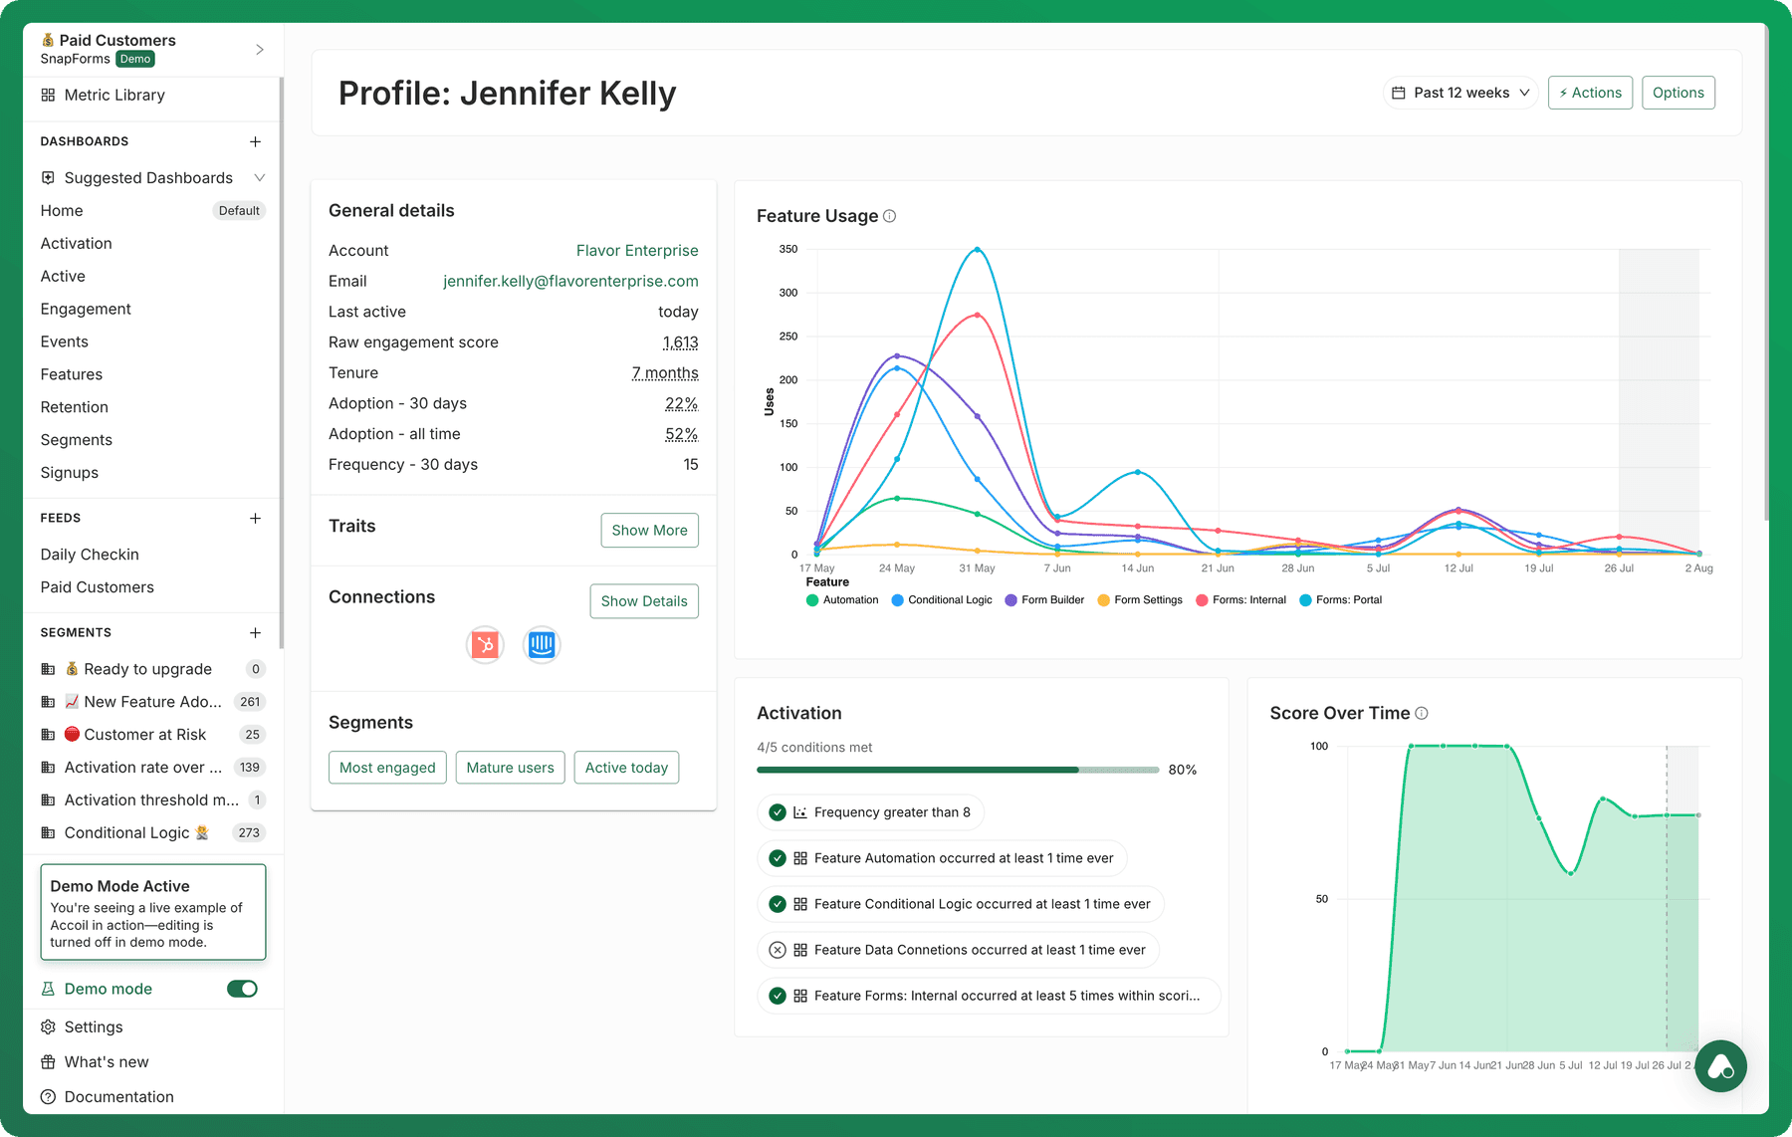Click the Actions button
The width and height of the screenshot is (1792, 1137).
pos(1590,93)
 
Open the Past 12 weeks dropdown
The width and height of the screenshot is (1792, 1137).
pos(1460,93)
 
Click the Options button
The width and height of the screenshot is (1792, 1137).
pos(1679,93)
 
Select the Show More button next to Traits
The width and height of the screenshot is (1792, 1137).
pos(649,530)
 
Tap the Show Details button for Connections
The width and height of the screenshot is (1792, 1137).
pos(644,601)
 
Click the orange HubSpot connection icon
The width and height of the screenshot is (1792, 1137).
pos(485,645)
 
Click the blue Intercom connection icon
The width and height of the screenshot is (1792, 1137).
pos(542,645)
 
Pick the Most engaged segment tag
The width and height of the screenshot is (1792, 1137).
pos(387,768)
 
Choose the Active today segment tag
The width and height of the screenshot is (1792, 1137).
pos(626,768)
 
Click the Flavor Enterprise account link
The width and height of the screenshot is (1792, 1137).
pos(637,251)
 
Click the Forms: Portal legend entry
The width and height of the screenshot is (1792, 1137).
pos(1341,600)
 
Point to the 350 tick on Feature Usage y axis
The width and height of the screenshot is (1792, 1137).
pos(788,249)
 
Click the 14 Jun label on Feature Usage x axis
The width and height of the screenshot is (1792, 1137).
pos(1138,568)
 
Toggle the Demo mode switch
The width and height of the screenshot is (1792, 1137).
pos(242,989)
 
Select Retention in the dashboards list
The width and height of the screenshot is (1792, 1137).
pos(75,407)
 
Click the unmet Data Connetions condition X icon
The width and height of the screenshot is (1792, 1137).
pos(778,950)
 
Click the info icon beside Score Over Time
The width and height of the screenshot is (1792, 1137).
pos(1422,713)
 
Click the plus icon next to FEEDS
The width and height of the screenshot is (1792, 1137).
pos(255,518)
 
